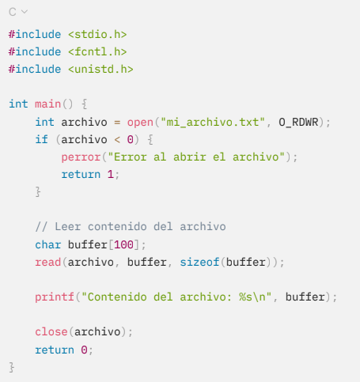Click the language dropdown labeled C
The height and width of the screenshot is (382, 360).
point(18,12)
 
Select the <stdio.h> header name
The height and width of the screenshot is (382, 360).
point(97,35)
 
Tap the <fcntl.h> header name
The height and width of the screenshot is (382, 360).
point(97,51)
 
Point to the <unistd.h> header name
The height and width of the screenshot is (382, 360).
point(100,69)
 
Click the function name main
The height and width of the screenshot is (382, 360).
point(47,104)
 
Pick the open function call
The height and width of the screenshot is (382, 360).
point(140,123)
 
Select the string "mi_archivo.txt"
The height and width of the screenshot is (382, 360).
point(213,123)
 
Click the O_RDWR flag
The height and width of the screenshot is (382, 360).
point(298,123)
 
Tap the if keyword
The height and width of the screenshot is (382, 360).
point(41,139)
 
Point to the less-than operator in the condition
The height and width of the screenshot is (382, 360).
point(117,140)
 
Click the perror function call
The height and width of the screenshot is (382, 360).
point(81,157)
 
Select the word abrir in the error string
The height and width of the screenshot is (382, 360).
point(189,157)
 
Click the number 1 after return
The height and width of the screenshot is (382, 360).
point(110,174)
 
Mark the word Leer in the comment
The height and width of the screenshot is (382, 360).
point(67,227)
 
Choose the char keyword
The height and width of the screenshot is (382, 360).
point(47,244)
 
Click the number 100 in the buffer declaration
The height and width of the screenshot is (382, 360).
point(123,244)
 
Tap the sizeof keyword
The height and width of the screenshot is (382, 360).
point(199,262)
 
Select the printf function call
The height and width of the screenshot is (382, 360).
point(55,297)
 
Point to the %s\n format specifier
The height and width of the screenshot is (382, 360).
point(252,297)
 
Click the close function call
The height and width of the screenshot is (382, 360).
point(51,331)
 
